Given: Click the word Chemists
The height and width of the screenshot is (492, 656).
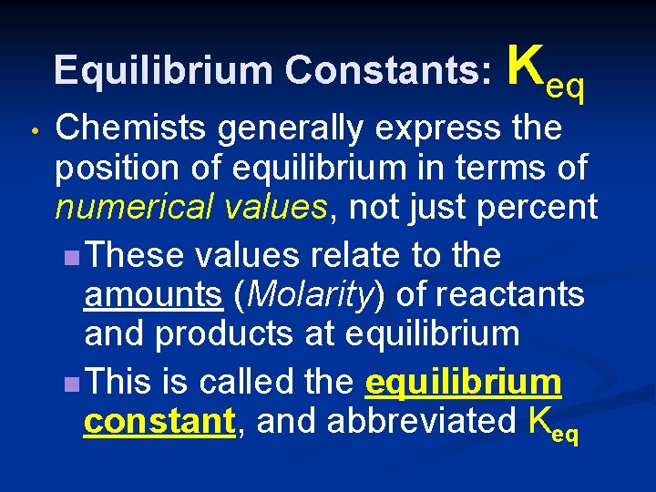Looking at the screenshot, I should (133, 129).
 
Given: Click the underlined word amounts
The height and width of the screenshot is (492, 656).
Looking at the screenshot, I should (153, 294).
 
